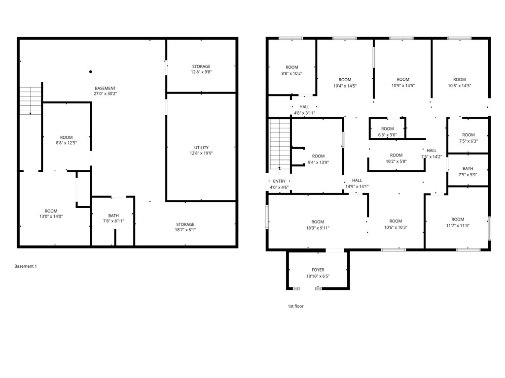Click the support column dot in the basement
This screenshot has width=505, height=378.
tap(91, 72)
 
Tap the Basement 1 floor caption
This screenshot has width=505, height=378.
tap(26, 266)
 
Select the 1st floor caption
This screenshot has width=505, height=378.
tap(296, 306)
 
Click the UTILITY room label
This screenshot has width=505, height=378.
tap(201, 147)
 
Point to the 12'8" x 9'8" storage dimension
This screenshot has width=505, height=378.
tap(201, 72)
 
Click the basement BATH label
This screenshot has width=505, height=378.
tap(113, 215)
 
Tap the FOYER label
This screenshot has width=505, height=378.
tap(318, 270)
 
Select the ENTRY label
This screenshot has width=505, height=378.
tap(279, 181)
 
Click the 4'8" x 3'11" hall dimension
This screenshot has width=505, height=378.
tap(304, 113)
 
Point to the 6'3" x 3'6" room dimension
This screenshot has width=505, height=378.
tap(387, 134)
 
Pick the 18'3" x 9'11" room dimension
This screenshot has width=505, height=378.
tap(318, 228)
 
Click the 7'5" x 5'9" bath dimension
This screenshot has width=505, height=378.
tap(468, 174)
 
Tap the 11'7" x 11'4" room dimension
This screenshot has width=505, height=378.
tap(458, 225)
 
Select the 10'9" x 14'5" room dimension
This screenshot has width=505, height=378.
tap(403, 85)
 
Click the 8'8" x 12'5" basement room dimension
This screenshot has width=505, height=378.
tap(67, 143)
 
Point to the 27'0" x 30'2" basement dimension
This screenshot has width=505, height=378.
tap(106, 94)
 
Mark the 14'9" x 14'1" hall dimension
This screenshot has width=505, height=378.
tap(357, 186)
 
